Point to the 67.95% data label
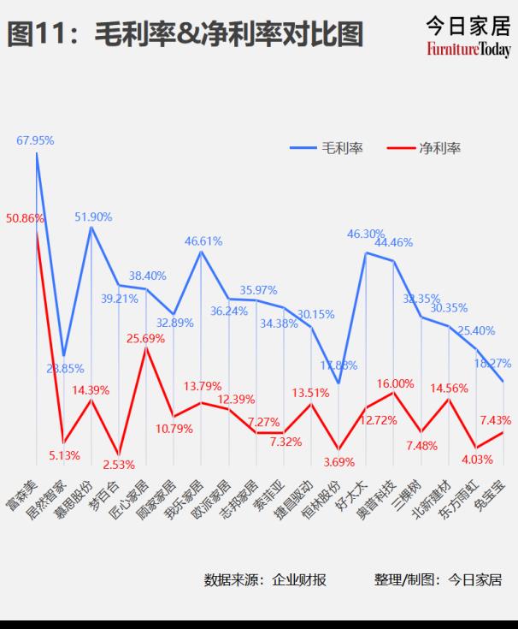(35, 140)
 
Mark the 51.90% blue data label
(93, 217)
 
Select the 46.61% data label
(203, 241)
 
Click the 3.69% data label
(338, 462)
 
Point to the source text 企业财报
(299, 579)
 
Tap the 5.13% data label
(64, 454)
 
